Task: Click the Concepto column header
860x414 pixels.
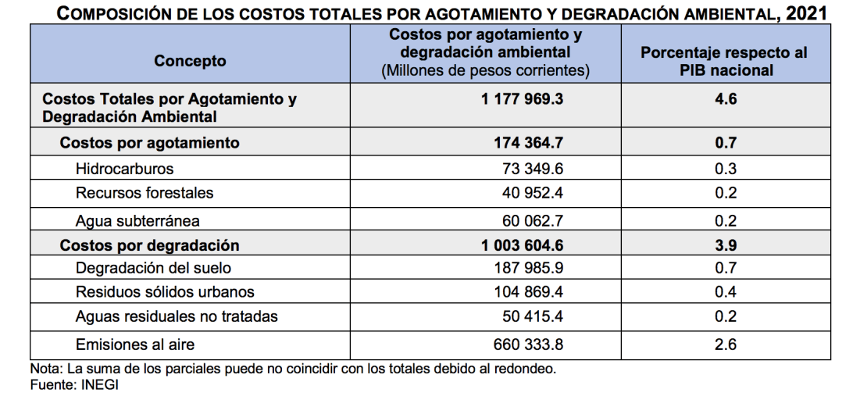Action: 190,61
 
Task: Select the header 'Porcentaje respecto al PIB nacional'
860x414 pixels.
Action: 724,61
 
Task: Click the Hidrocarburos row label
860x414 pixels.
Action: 125,169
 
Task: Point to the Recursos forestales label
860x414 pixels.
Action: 145,193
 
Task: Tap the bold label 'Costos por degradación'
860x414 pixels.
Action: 150,245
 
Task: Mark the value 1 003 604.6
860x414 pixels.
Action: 523,245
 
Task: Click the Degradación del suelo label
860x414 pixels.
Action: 154,268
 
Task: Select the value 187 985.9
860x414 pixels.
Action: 529,268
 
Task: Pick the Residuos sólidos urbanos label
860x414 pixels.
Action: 165,292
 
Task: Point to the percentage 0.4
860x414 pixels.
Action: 726,292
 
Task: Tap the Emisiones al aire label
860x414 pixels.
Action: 135,344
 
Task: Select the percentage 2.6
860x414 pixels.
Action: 726,344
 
